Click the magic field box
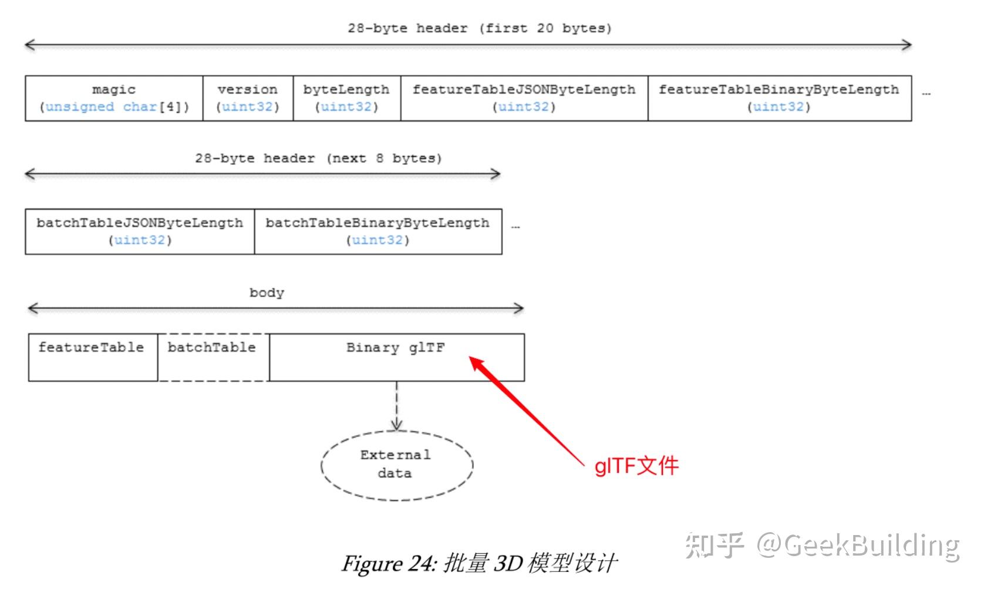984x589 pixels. pos(114,99)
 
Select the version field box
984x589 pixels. pos(248,99)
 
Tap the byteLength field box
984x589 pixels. pos(347,99)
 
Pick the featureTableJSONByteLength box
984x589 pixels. pos(524,99)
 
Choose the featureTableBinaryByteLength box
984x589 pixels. pos(780,99)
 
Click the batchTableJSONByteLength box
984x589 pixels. pos(140,232)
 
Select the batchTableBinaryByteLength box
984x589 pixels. pos(378,232)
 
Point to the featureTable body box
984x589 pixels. pos(93,357)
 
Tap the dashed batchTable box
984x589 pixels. pos(214,357)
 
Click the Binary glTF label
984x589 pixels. pos(395,348)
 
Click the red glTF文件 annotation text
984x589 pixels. pos(636,466)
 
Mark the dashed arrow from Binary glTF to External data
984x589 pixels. pos(397,406)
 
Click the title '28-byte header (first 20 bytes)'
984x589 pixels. pos(480,29)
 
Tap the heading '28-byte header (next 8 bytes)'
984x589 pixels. pos(318,158)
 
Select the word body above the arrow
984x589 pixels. pos(267,293)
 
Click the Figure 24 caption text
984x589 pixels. pos(480,563)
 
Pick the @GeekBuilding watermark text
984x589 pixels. pos(858,546)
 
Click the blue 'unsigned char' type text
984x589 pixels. pos(101,107)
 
